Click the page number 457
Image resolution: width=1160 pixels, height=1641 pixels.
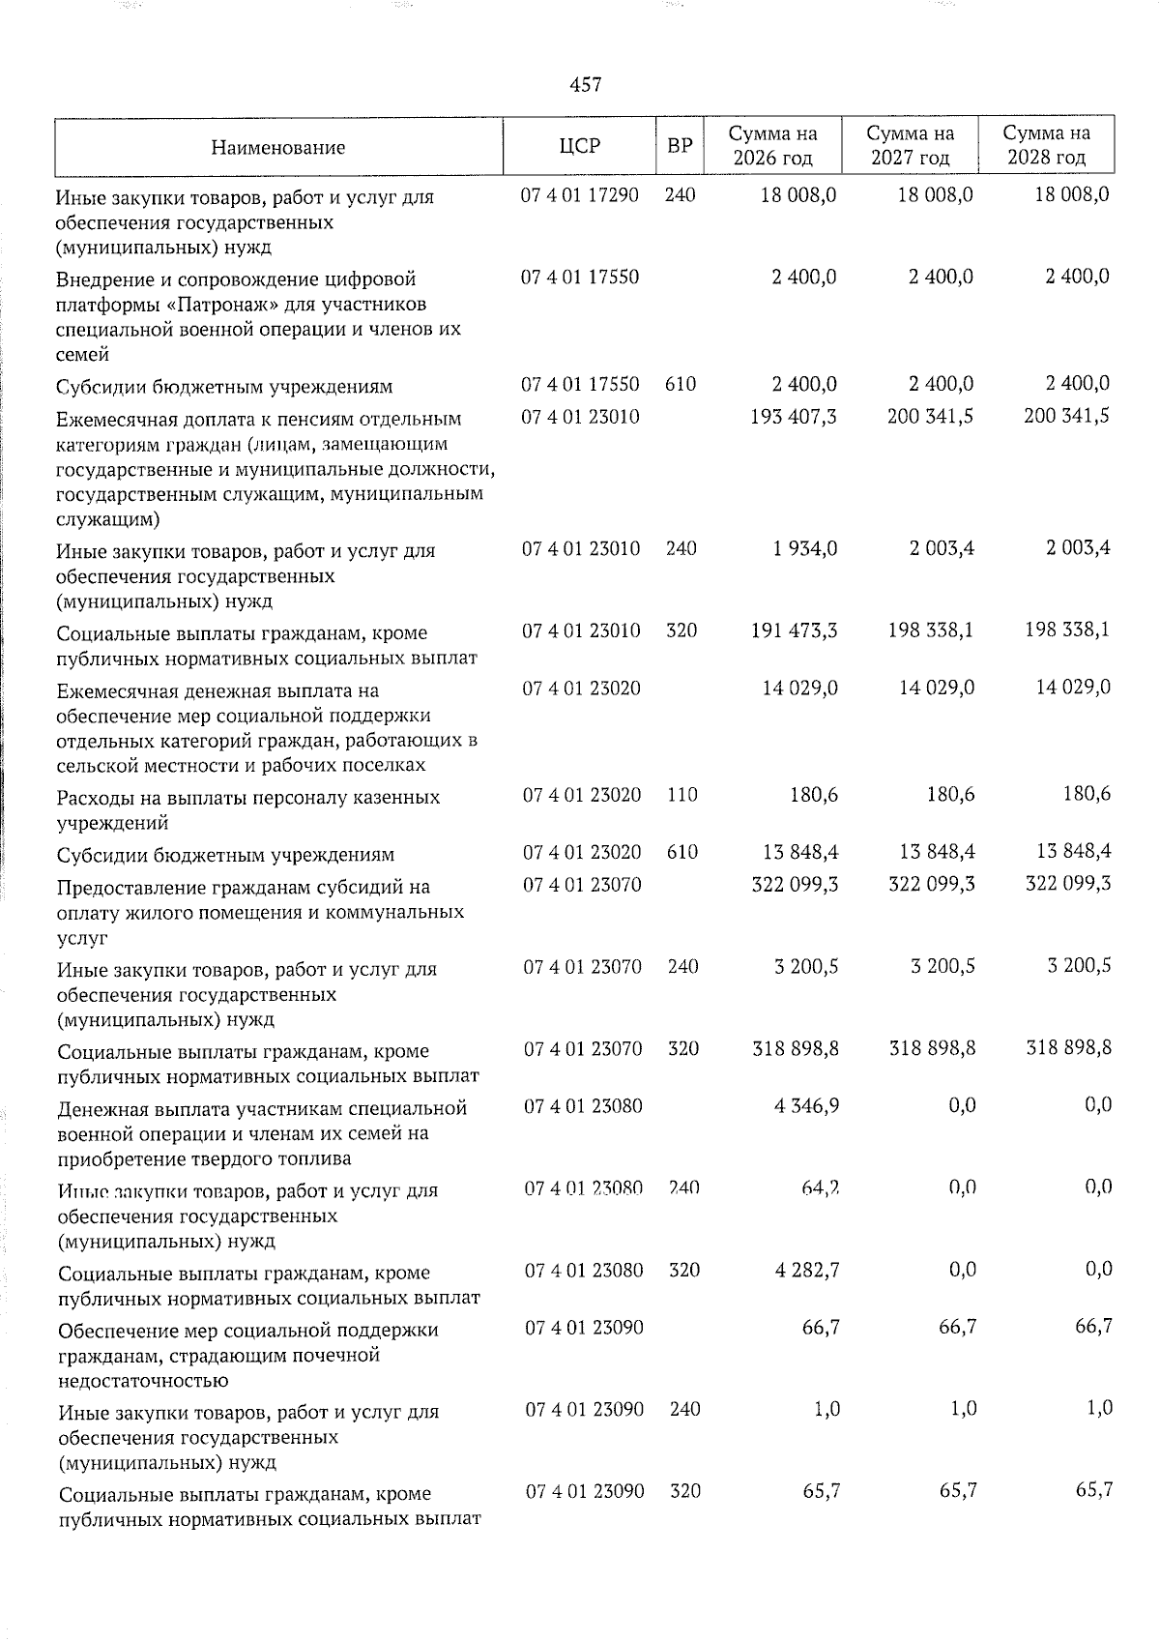click(x=585, y=85)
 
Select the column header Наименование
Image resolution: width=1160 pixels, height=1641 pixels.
click(x=277, y=148)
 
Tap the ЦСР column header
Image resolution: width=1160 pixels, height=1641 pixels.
click(x=579, y=146)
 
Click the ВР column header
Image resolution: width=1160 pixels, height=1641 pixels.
click(x=680, y=146)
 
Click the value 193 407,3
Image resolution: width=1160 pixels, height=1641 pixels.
click(x=794, y=416)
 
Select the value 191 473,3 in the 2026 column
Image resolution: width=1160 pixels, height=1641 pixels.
click(x=794, y=630)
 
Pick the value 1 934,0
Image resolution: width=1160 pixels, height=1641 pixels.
click(x=804, y=548)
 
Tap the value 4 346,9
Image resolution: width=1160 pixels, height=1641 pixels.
click(x=806, y=1105)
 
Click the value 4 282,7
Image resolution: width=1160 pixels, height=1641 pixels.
click(x=806, y=1269)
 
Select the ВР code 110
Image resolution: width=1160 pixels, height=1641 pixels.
click(x=682, y=795)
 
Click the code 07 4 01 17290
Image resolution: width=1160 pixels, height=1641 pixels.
click(x=580, y=194)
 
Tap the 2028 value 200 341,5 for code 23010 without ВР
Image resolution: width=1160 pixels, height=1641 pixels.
click(x=1066, y=416)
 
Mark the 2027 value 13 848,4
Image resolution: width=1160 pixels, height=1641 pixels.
click(x=931, y=852)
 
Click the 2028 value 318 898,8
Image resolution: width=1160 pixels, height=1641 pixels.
click(x=1068, y=1047)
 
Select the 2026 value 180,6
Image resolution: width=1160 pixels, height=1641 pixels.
click(x=815, y=795)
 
